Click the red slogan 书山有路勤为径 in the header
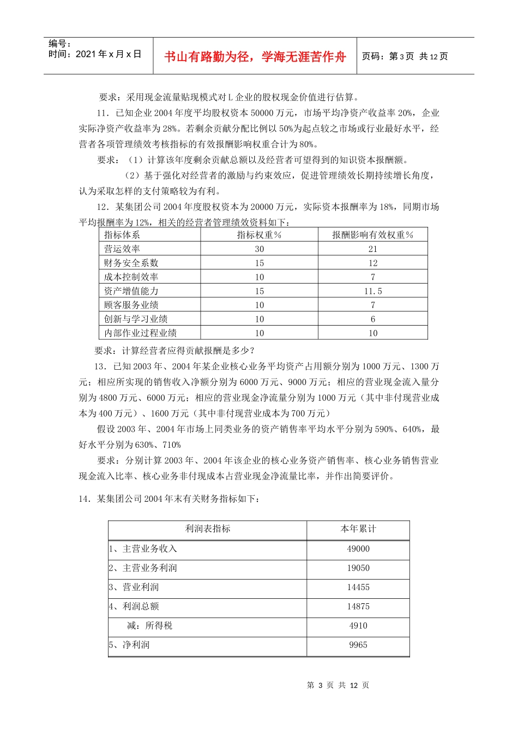pyautogui.click(x=255, y=57)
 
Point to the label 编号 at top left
pyautogui.click(x=59, y=44)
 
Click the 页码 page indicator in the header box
pyautogui.click(x=405, y=57)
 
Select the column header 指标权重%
pyautogui.click(x=259, y=235)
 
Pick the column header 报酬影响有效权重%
pyautogui.click(x=373, y=235)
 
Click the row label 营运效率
pyautogui.click(x=122, y=249)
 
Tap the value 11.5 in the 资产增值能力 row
pyautogui.click(x=373, y=291)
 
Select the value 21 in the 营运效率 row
pyautogui.click(x=373, y=249)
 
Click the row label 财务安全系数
pyautogui.click(x=131, y=263)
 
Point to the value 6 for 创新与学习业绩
pyautogui.click(x=373, y=319)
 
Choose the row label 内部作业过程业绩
pyautogui.click(x=140, y=333)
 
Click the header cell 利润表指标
pyautogui.click(x=208, y=529)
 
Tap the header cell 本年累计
pyautogui.click(x=358, y=529)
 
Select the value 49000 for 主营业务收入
pyautogui.click(x=358, y=549)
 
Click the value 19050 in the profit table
pyautogui.click(x=358, y=568)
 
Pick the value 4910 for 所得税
pyautogui.click(x=358, y=626)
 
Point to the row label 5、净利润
pyautogui.click(x=129, y=645)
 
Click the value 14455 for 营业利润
pyautogui.click(x=358, y=587)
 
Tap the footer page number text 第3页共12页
pyautogui.click(x=338, y=686)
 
